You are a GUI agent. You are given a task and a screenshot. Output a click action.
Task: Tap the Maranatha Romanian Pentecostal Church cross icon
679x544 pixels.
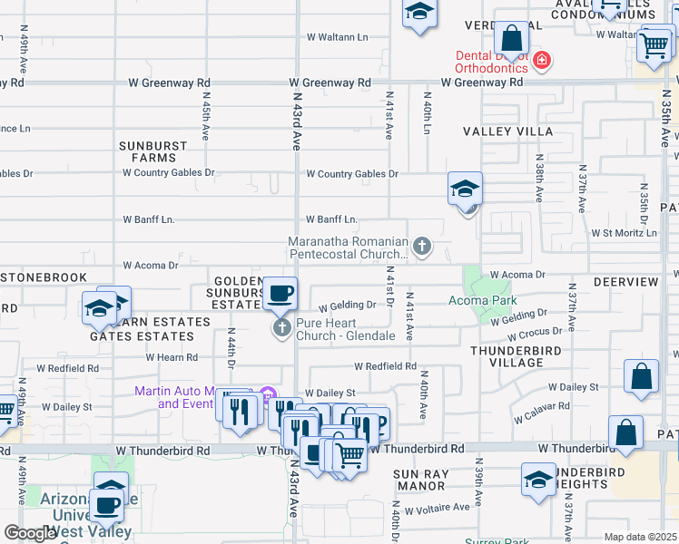pyautogui.click(x=421, y=246)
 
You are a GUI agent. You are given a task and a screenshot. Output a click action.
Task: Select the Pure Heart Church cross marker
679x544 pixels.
pyautogui.click(x=281, y=327)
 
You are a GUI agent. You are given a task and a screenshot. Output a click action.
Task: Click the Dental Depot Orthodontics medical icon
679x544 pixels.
pyautogui.click(x=542, y=61)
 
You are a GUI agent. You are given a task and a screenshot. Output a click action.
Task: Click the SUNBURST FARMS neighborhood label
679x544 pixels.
pyautogui.click(x=153, y=151)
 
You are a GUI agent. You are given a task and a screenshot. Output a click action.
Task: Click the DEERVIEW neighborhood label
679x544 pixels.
pyautogui.click(x=625, y=282)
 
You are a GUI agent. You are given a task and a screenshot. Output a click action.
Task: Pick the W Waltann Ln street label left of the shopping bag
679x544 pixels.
pyautogui.click(x=338, y=37)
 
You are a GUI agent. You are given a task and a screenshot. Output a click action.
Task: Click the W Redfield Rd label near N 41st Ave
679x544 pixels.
pyautogui.click(x=385, y=366)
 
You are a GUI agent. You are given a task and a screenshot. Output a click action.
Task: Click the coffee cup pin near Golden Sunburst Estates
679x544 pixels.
pyautogui.click(x=280, y=295)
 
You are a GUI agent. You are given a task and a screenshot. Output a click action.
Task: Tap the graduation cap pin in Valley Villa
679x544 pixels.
pyautogui.click(x=464, y=189)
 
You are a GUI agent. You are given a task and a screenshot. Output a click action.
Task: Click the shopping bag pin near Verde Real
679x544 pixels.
pyautogui.click(x=512, y=38)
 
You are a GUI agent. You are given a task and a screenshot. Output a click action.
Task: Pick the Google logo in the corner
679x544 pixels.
pyautogui.click(x=30, y=533)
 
